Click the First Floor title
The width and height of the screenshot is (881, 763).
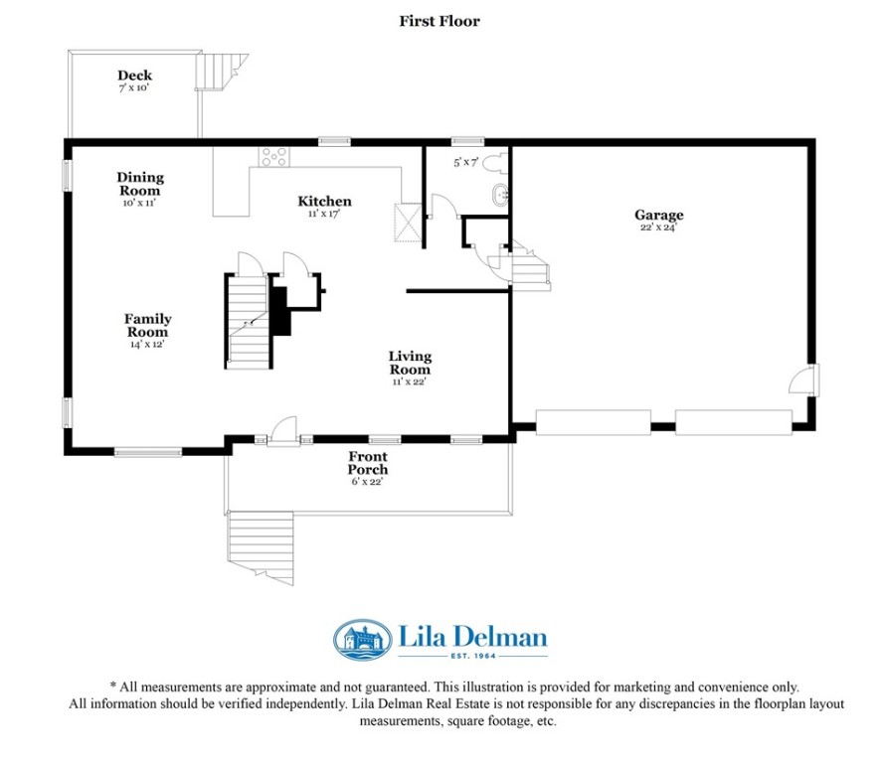[440, 21]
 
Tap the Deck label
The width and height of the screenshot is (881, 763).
[135, 76]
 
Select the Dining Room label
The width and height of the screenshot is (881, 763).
[140, 184]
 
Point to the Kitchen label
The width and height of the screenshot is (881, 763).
[325, 201]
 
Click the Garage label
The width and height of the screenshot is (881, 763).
[659, 215]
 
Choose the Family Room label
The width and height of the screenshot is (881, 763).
[148, 325]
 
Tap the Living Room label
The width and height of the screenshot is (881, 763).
[410, 363]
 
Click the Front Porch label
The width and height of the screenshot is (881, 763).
[368, 463]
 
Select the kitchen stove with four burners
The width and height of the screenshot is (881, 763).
[274, 157]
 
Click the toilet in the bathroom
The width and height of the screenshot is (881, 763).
[495, 162]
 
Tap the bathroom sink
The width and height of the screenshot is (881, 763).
[500, 196]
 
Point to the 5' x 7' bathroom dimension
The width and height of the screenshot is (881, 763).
[465, 163]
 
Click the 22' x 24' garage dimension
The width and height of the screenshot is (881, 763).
[658, 228]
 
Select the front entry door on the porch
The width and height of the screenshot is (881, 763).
[283, 432]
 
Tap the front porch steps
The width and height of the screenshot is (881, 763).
[261, 543]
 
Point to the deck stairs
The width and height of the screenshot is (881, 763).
[221, 71]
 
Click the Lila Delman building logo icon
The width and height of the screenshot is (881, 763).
[362, 640]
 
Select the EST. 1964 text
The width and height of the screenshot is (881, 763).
[473, 656]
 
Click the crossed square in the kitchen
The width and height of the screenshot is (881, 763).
[408, 223]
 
